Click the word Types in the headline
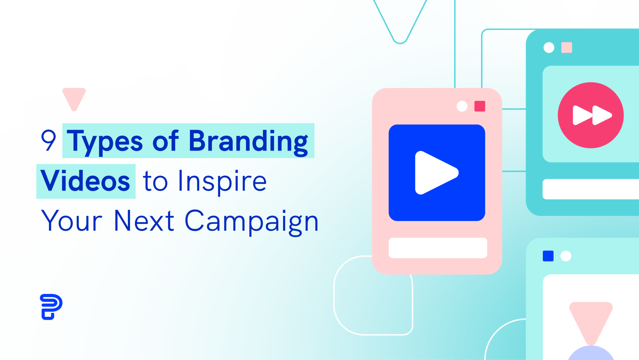pos(105,142)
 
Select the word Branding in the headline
pos(249,142)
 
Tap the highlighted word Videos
pos(85,181)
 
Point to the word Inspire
pos(222,182)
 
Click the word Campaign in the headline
pos(251,222)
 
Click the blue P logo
pos(51,307)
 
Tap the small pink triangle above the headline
pos(74,99)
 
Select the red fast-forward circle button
pos(591,115)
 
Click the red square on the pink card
pos(480,106)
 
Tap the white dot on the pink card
pos(462,106)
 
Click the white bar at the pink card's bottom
pos(438,248)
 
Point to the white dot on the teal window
pos(549,47)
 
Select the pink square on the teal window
pos(567,47)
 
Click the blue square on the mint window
pos(548,256)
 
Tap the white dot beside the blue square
pos(566,256)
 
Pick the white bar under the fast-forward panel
pos(591,189)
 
